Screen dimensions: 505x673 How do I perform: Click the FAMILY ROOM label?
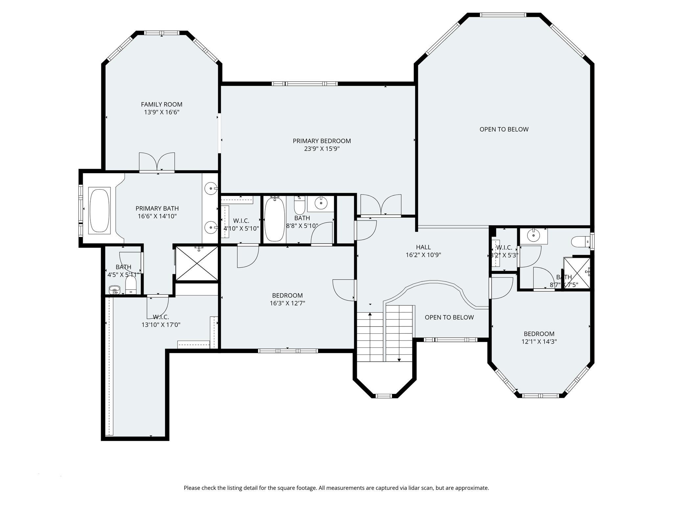[161, 105]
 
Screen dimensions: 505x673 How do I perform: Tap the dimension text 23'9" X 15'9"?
[322, 149]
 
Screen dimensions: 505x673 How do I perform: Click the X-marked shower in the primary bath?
[197, 263]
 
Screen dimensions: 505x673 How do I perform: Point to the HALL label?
[423, 247]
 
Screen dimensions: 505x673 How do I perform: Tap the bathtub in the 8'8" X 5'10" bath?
[274, 219]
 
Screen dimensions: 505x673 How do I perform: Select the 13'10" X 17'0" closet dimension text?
[161, 325]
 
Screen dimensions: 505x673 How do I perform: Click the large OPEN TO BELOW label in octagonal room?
[504, 129]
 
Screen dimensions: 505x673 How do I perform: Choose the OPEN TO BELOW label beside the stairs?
[449, 317]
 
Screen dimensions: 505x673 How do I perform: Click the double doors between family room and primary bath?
[157, 162]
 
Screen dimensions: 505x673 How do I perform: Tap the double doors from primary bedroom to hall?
[381, 205]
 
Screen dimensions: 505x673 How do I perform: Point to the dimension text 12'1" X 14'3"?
[539, 342]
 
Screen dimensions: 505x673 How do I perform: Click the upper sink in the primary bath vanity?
[210, 189]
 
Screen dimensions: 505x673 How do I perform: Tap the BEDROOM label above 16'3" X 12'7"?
[287, 296]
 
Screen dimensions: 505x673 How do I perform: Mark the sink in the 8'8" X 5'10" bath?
[321, 203]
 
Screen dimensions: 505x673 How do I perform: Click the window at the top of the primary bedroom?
[305, 84]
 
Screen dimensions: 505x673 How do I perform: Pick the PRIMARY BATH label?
[157, 208]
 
